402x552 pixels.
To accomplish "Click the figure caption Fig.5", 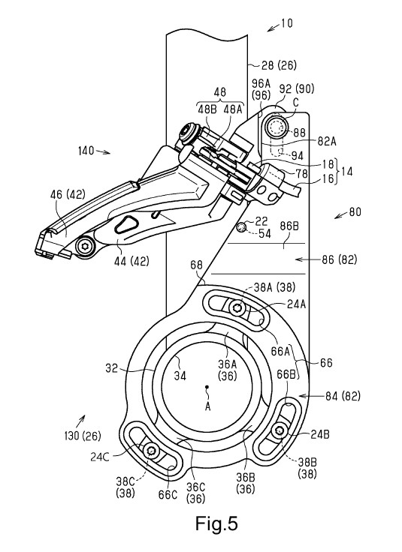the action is click(216, 523).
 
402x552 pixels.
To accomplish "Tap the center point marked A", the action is click(207, 387).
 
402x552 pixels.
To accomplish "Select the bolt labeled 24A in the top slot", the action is click(236, 308).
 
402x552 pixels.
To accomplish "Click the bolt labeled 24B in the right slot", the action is click(280, 430).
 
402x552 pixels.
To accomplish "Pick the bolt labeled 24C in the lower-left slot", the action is click(151, 450).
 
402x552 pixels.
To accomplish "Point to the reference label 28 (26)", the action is click(279, 65).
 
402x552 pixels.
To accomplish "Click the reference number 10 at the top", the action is click(287, 23).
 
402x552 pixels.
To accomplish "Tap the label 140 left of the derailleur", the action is click(86, 151).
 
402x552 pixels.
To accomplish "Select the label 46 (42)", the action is click(68, 194).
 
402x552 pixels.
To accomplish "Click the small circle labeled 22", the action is click(241, 227).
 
